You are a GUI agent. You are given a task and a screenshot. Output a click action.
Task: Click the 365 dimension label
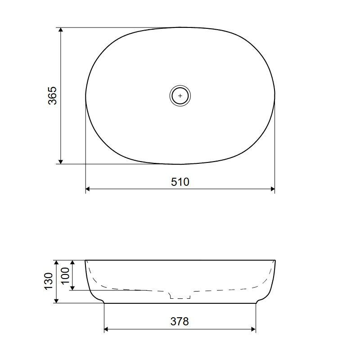52,95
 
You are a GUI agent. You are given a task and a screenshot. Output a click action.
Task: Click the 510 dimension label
180,182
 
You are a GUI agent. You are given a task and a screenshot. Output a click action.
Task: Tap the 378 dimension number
180,321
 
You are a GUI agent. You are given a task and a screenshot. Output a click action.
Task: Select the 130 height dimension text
49,282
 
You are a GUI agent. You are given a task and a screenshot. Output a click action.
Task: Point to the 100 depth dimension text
65,276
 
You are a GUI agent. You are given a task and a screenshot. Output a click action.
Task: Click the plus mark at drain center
180,96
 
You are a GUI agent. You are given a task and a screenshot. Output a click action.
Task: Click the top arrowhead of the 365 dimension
61,30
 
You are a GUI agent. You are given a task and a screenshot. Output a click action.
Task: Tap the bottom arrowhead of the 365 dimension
61,162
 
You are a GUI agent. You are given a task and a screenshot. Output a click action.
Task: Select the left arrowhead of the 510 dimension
88,189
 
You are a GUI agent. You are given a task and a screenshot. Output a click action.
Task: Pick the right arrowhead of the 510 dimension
273,189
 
